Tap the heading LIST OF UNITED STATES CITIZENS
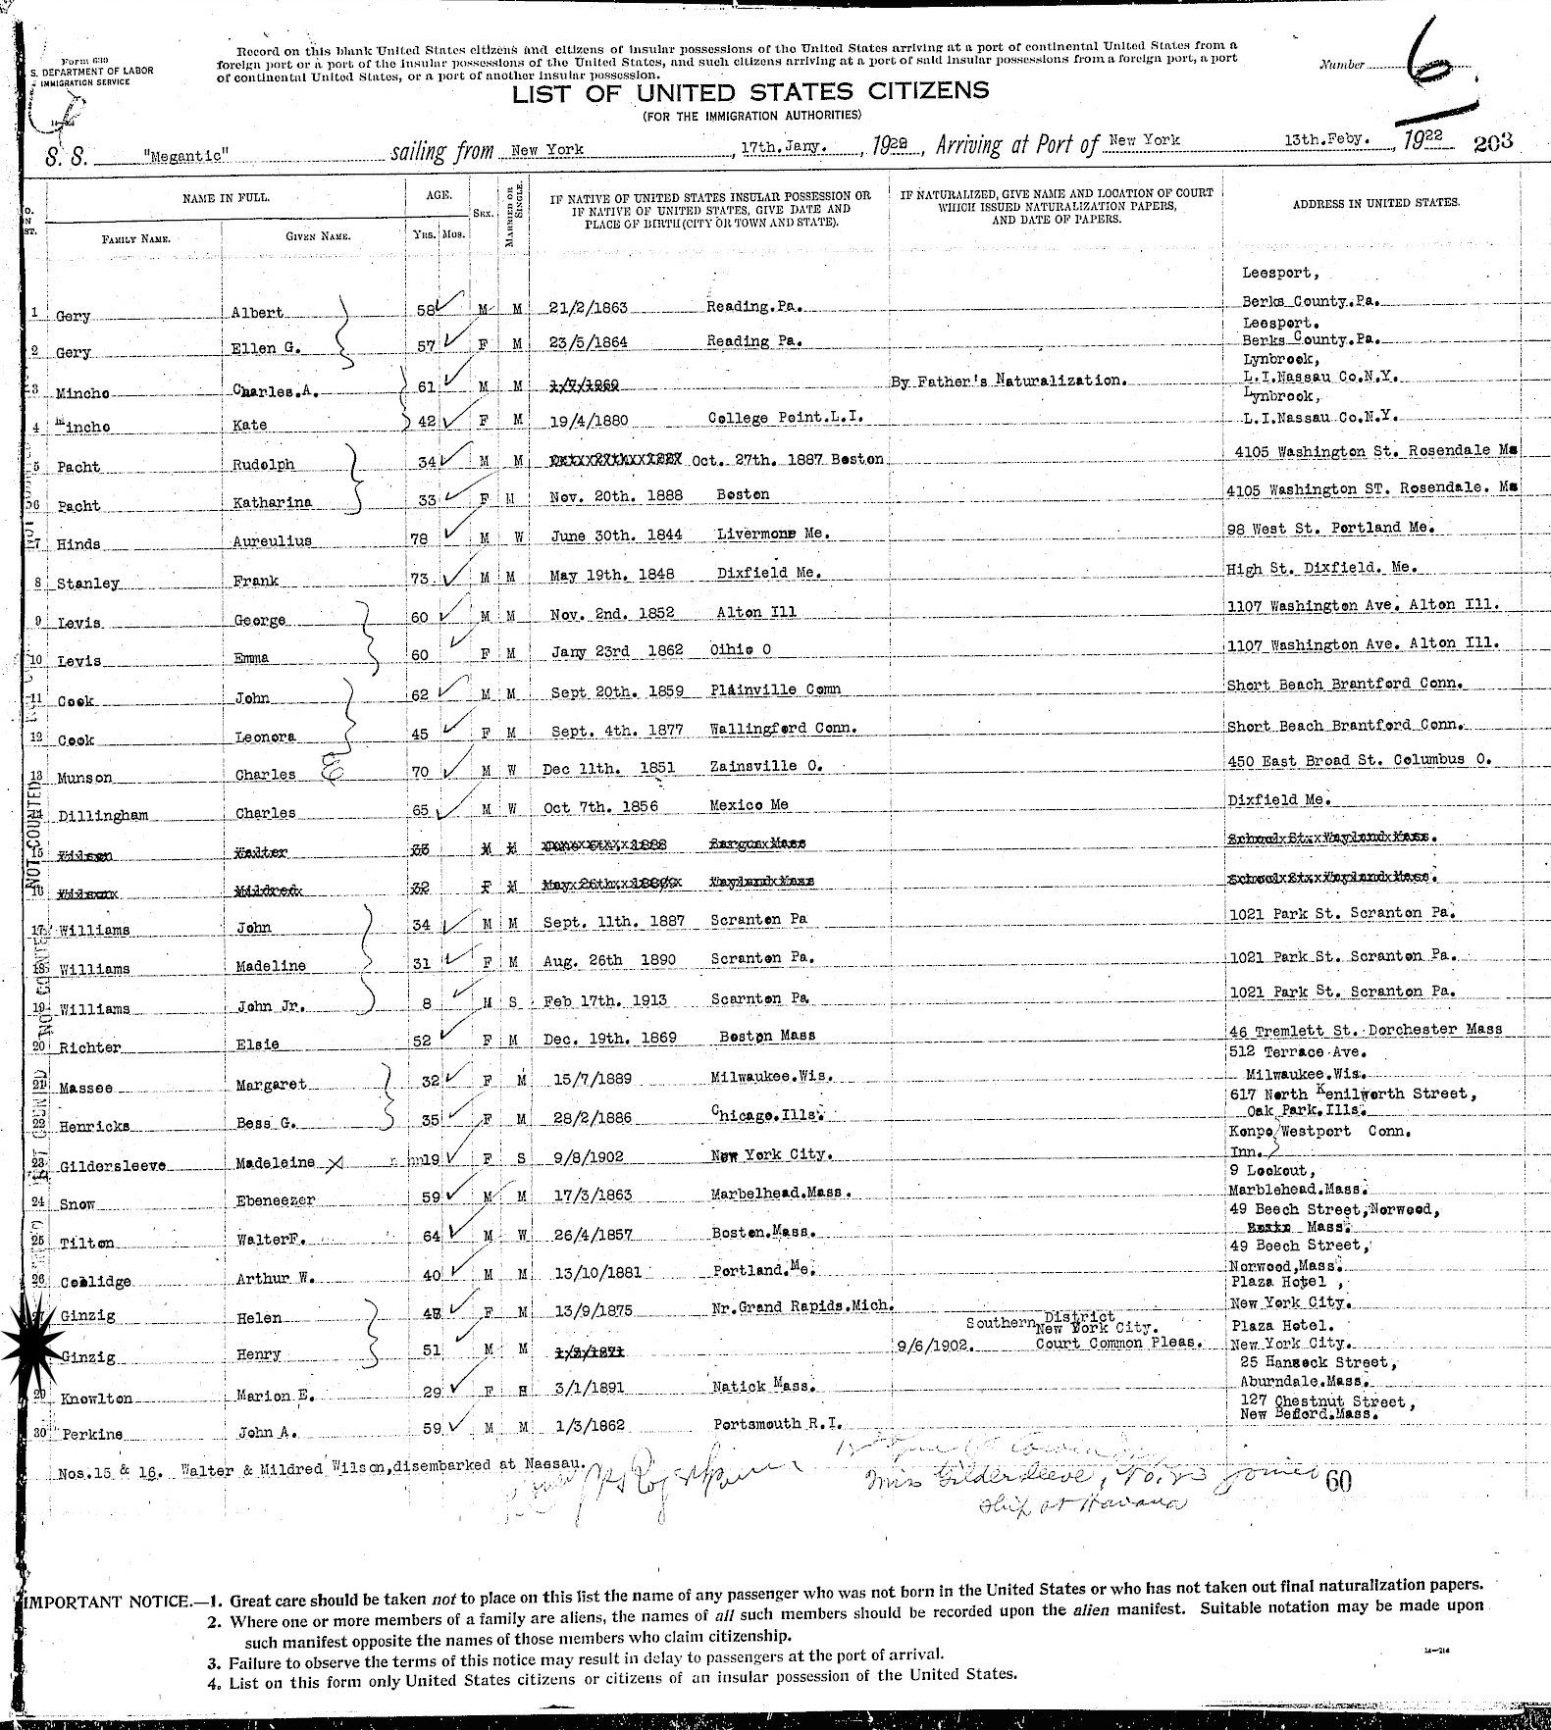(749, 92)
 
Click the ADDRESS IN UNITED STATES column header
(1375, 202)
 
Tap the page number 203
(1492, 141)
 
